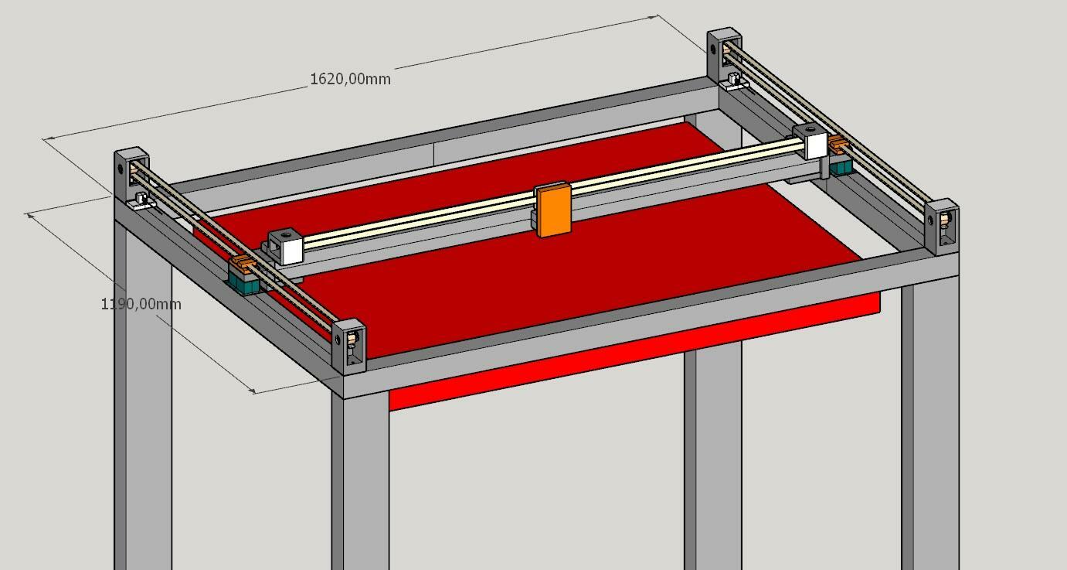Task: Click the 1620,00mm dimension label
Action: click(x=350, y=79)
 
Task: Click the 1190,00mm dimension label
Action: click(x=141, y=304)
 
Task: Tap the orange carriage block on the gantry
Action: click(x=553, y=210)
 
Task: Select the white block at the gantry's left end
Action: click(x=286, y=246)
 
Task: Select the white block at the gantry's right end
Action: click(x=810, y=142)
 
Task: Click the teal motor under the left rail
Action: click(x=244, y=282)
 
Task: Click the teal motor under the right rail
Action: click(x=841, y=168)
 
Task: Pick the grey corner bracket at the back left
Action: click(x=131, y=176)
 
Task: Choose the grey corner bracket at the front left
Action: click(x=349, y=346)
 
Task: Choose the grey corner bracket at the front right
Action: click(x=942, y=227)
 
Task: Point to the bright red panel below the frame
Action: click(x=634, y=351)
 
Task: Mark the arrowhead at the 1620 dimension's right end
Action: click(x=654, y=17)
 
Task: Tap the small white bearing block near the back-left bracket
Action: click(x=142, y=201)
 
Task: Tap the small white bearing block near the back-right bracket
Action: click(x=734, y=81)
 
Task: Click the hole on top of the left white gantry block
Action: click(x=287, y=234)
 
